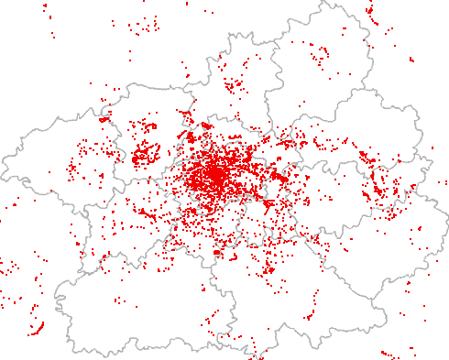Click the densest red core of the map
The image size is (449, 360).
pyautogui.click(x=214, y=174)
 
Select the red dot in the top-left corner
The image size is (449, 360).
pyautogui.click(x=45, y=7)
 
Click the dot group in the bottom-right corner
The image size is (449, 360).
pyautogui.click(x=389, y=354)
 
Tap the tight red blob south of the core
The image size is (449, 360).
pyautogui.click(x=217, y=251)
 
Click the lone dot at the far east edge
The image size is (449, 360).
pyautogui.click(x=433, y=147)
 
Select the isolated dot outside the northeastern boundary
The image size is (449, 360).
pyautogui.click(x=411, y=60)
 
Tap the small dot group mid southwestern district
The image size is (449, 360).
pyautogui.click(x=119, y=300)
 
